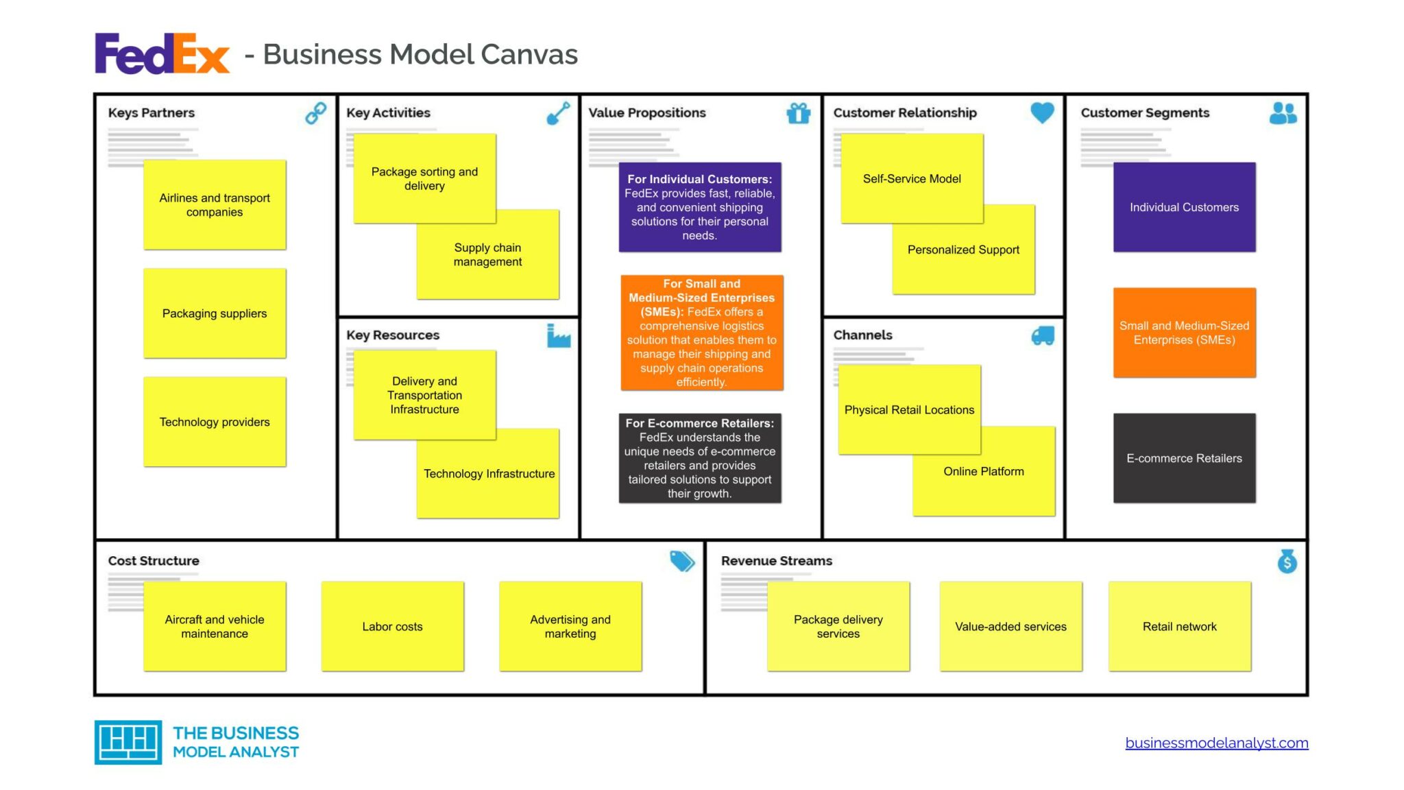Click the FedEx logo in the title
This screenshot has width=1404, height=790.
[162, 53]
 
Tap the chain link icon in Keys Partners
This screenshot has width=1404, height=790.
[315, 112]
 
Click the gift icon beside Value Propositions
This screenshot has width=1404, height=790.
[798, 112]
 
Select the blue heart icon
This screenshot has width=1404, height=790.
[1042, 112]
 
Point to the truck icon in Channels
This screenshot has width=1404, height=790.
[1042, 335]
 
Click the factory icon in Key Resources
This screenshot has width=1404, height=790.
[558, 335]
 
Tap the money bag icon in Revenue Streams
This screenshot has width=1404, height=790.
[1287, 561]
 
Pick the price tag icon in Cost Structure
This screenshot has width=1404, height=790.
[681, 561]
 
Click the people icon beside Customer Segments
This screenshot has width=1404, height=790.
[1283, 112]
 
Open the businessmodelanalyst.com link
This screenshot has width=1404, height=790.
[1216, 743]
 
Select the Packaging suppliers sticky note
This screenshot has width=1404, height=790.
[215, 313]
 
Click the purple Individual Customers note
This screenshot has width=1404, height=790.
[1184, 207]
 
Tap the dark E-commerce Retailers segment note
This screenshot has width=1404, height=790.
[1184, 458]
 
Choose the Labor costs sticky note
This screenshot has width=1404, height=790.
[392, 626]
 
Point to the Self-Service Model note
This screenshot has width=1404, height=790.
[912, 178]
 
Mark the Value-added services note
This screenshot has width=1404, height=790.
[1010, 626]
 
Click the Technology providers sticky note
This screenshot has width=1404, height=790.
[215, 422]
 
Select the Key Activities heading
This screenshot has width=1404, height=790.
[388, 112]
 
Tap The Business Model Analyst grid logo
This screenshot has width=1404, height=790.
[128, 742]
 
